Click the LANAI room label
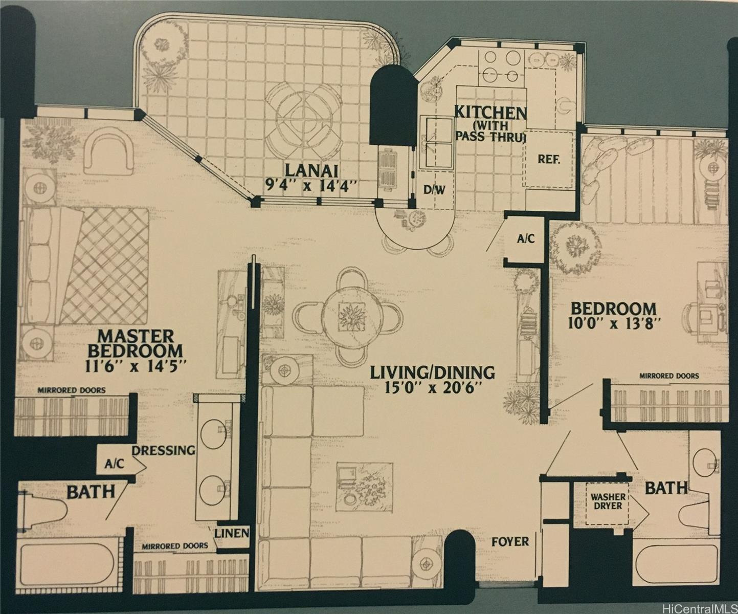pyautogui.click(x=311, y=171)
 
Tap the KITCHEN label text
pyautogui.click(x=490, y=113)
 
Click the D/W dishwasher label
pyautogui.click(x=434, y=190)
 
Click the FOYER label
pyautogui.click(x=510, y=541)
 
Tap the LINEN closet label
pyautogui.click(x=232, y=533)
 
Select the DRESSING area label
pyautogui.click(x=163, y=450)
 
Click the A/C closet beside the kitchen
pyautogui.click(x=526, y=239)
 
